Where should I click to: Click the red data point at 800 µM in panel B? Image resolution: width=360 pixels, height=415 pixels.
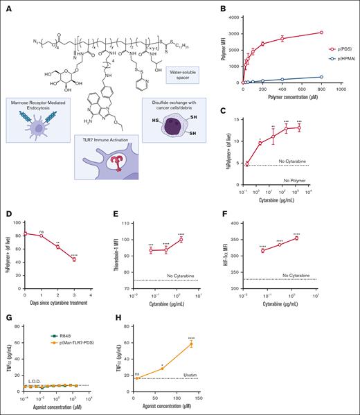(340, 33)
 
